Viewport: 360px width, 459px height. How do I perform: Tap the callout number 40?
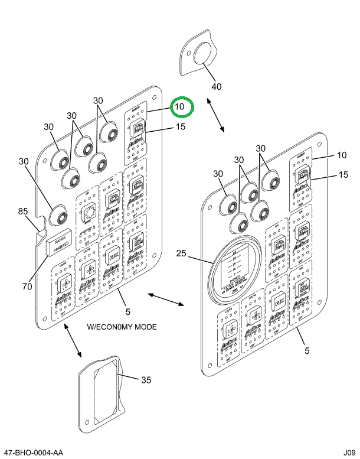(x=217, y=86)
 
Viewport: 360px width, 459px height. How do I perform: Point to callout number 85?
(x=22, y=211)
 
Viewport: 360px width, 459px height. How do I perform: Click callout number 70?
(x=27, y=287)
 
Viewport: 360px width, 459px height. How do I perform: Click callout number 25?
(x=181, y=254)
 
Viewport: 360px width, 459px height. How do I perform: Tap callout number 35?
(x=146, y=379)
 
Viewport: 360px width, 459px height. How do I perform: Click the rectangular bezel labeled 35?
(x=102, y=388)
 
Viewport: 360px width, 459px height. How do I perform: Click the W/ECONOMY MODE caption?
(x=122, y=327)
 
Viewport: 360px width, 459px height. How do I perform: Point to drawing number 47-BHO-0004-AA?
(x=34, y=453)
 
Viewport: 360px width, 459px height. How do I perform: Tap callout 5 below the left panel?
(x=127, y=311)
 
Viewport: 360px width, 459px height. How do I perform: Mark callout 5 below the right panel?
(x=306, y=351)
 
